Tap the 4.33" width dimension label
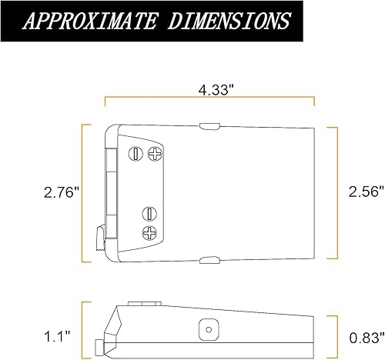pyautogui.click(x=209, y=90)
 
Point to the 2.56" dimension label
pyautogui.click(x=361, y=192)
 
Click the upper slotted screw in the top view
pyautogui.click(x=136, y=153)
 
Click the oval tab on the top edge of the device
pyautogui.click(x=209, y=123)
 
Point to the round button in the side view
pyautogui.click(x=206, y=328)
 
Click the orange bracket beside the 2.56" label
pyautogui.click(x=333, y=192)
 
